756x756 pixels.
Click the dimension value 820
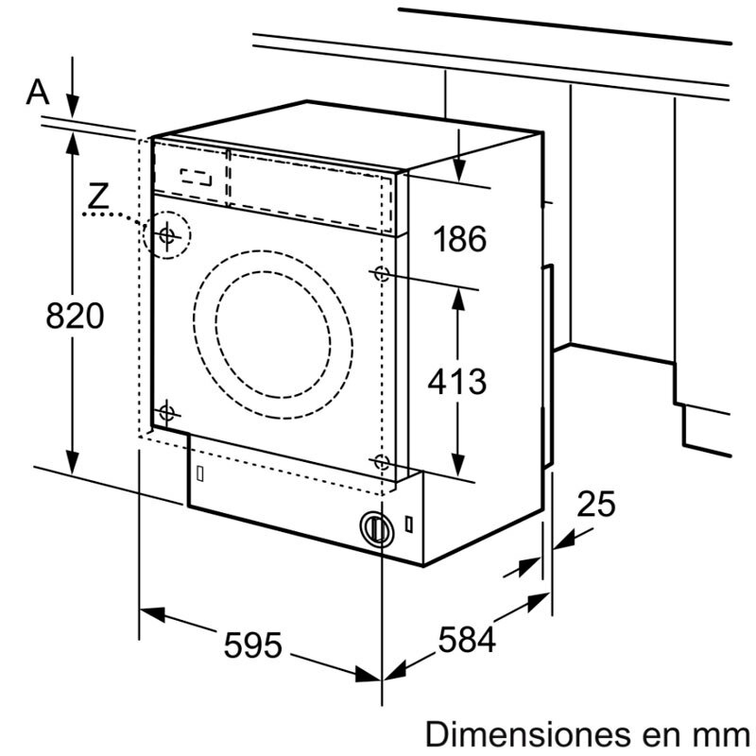point(75,316)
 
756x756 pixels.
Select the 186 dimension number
point(459,239)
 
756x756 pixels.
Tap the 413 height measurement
point(457,382)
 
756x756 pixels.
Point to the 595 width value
point(253,644)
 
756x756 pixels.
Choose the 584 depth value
point(466,641)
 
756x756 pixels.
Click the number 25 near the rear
point(595,505)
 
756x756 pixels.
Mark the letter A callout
point(38,92)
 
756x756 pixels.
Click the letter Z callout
point(97,197)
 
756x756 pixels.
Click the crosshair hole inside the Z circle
point(167,234)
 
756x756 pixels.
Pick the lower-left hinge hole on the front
point(167,412)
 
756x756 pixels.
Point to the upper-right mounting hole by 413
point(381,275)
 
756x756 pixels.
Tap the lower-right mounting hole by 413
point(381,462)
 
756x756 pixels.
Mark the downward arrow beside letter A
point(73,94)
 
